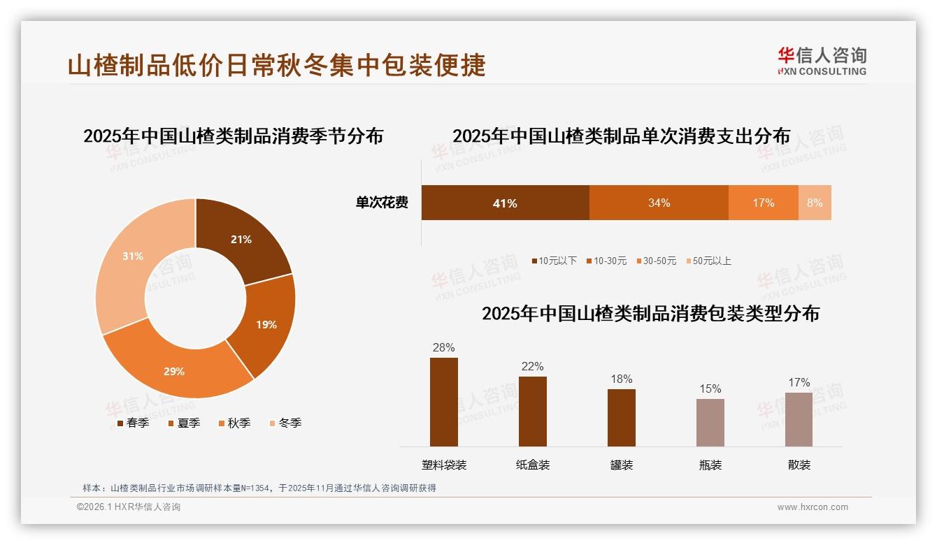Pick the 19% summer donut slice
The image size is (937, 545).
[266, 325]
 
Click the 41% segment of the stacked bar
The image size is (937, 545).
[505, 203]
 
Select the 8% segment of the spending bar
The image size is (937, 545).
[815, 203]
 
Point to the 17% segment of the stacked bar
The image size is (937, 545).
[763, 203]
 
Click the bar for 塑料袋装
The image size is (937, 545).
[444, 402]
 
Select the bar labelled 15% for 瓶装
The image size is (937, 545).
[710, 422]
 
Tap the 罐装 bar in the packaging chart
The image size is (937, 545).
[622, 417]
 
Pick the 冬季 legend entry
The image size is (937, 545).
[285, 423]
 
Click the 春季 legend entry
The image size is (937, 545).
[132, 423]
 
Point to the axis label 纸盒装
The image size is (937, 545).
[533, 465]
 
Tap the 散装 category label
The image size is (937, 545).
[799, 465]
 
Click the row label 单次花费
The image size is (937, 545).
[382, 203]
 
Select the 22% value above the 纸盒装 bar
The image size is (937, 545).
[532, 367]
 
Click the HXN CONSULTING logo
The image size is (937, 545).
[822, 61]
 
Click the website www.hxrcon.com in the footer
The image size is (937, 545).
[813, 507]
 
